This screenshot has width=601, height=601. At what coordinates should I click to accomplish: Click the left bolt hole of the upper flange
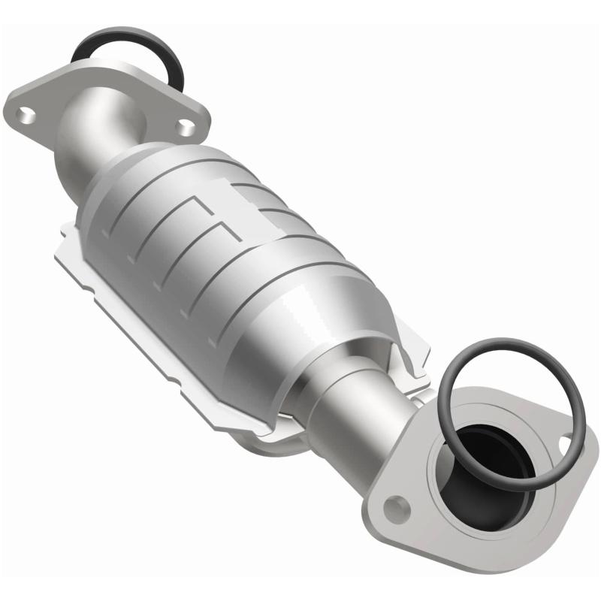coord(26,114)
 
